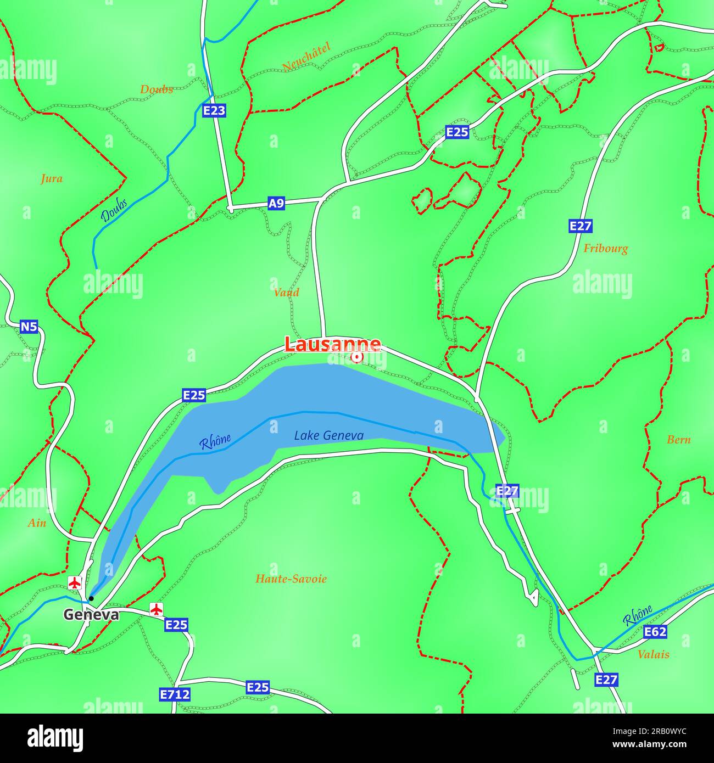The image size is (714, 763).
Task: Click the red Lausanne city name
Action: (332, 344)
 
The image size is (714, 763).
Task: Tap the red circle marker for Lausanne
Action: (356, 358)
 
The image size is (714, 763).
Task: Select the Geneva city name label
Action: (91, 615)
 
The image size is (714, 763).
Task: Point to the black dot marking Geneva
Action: (91, 598)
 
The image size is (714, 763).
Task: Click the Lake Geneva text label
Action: (328, 435)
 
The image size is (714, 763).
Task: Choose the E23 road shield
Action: (214, 111)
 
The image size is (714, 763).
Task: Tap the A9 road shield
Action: (276, 204)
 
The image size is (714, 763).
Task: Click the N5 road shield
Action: (29, 327)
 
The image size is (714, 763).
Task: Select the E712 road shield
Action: (175, 694)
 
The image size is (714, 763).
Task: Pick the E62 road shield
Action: (655, 632)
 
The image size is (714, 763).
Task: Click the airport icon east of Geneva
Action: (157, 609)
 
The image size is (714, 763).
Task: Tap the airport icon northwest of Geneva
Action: (75, 582)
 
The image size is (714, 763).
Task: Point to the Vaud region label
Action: (286, 293)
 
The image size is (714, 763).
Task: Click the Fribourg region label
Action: (605, 249)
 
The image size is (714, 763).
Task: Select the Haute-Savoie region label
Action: (291, 579)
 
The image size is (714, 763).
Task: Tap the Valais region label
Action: (653, 654)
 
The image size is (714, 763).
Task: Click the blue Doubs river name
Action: (114, 209)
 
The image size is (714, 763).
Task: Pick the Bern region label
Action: (678, 440)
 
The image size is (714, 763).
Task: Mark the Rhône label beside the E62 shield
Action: (638, 615)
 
